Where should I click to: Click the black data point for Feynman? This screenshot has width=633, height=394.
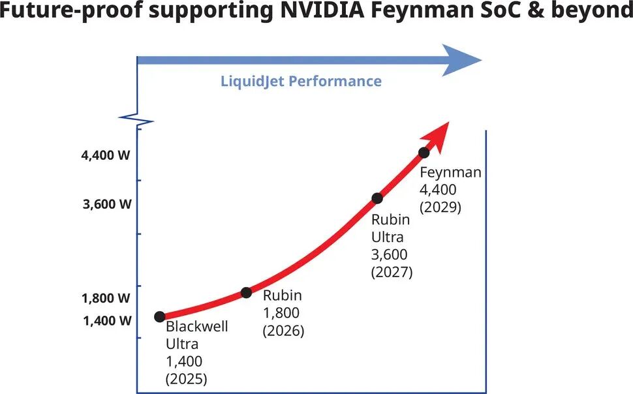424,153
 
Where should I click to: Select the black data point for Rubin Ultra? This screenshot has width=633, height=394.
377,198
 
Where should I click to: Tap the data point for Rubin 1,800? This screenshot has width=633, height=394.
246,293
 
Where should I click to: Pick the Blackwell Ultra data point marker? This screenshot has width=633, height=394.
160,316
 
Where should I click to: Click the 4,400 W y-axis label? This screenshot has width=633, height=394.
106,155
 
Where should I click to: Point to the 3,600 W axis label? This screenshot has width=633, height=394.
107,204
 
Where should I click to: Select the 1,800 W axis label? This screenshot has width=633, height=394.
106,298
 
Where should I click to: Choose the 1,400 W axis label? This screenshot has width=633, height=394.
107,321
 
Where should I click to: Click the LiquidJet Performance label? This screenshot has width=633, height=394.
301,81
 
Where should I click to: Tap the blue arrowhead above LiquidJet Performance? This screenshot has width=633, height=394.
460,60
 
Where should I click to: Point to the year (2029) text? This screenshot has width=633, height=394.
440,207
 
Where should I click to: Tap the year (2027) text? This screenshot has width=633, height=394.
392,272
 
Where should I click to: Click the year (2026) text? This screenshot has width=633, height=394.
283,331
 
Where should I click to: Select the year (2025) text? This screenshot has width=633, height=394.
187,378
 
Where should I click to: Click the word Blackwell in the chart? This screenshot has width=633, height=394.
197,326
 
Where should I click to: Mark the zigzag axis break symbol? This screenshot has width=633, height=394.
136,120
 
